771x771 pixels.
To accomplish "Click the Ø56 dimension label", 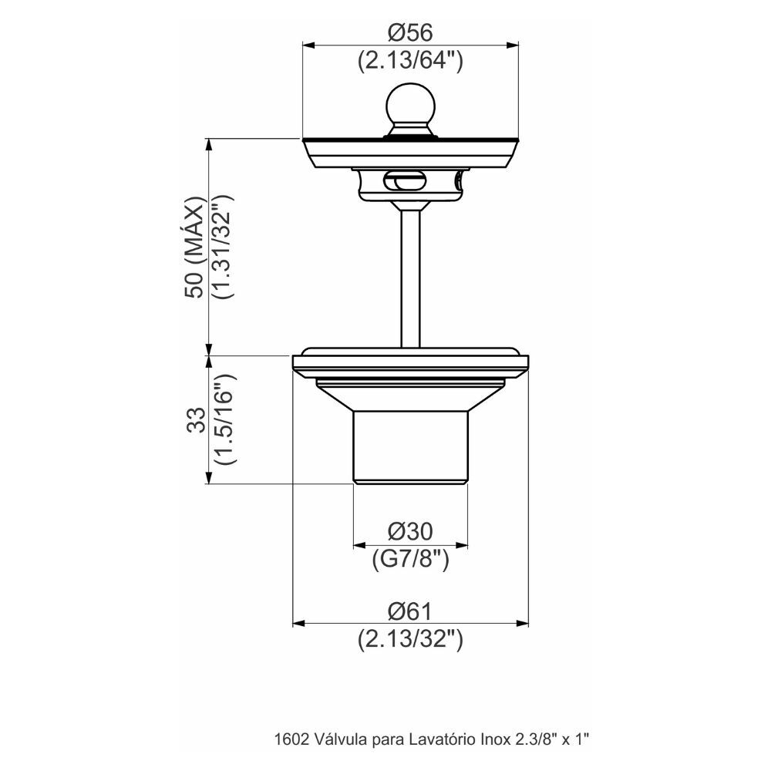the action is point(410,33).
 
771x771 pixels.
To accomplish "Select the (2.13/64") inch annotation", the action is point(410,61).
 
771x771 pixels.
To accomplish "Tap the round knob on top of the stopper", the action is point(411,105).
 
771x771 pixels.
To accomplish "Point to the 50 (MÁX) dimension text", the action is point(194,247).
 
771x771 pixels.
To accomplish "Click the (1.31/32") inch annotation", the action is point(222,247).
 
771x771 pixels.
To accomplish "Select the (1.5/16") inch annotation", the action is point(224,419).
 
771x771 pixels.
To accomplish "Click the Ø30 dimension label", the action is point(410,531).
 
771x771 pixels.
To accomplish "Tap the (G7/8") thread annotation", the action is point(410,559).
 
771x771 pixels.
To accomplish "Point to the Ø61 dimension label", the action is point(410,611).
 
